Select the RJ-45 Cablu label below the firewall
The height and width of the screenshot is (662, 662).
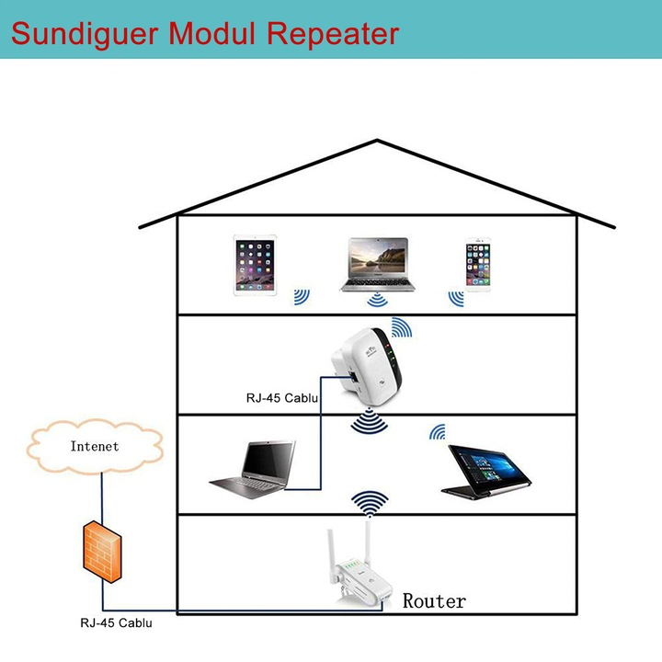tap(117, 622)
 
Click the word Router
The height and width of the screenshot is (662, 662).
tap(434, 601)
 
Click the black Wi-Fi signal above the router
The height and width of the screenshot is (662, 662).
tap(371, 503)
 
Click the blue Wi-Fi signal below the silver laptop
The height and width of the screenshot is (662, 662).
tap(377, 301)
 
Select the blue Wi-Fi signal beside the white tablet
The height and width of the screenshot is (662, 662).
tap(302, 297)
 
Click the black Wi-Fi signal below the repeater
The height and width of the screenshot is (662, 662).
tap(370, 422)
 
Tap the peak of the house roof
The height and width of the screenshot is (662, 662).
tap(377, 142)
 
